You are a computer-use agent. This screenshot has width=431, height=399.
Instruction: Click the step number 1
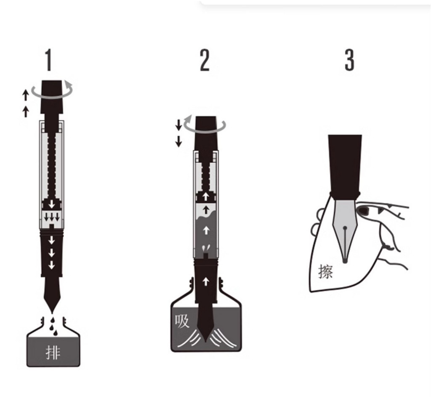[x=49, y=60]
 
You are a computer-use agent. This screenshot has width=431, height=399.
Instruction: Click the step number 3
[x=349, y=60]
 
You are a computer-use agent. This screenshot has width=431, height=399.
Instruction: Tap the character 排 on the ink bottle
[x=53, y=352]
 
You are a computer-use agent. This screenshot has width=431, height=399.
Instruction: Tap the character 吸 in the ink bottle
[x=182, y=321]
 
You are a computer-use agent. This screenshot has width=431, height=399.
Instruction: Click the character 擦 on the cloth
[x=325, y=272]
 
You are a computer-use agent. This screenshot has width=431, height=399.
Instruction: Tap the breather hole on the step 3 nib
[x=345, y=227]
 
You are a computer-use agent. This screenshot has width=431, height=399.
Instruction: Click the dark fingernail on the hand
[x=363, y=210]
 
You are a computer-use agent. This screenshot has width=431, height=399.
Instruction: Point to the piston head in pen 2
[x=206, y=197]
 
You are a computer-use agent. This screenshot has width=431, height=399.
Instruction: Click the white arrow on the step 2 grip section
[x=206, y=282]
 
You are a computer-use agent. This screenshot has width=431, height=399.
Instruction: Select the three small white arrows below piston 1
[x=52, y=217]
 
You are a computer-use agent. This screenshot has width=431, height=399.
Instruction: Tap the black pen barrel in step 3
[x=345, y=165]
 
